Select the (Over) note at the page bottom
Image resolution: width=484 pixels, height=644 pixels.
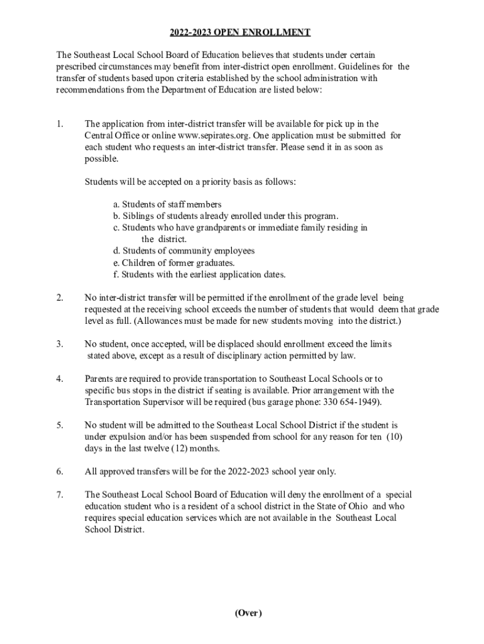pyautogui.click(x=248, y=613)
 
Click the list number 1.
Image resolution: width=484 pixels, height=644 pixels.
pyautogui.click(x=60, y=124)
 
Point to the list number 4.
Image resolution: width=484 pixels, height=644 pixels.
pyautogui.click(x=60, y=379)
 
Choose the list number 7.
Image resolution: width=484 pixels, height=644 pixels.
pyautogui.click(x=60, y=495)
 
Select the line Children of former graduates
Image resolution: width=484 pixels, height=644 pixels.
pyautogui.click(x=173, y=262)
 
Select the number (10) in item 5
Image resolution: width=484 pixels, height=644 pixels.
pyautogui.click(x=393, y=437)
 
